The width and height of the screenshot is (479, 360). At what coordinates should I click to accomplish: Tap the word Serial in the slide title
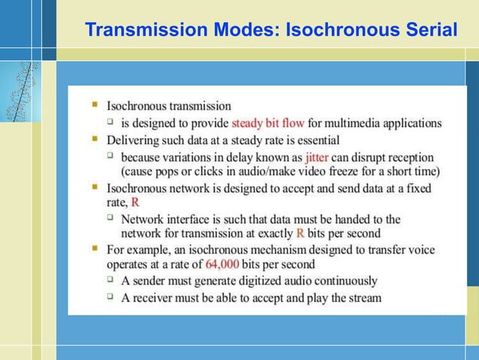[x=429, y=30]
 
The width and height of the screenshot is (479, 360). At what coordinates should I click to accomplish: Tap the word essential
[x=314, y=140]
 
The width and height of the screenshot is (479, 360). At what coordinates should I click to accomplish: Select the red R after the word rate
[x=135, y=202]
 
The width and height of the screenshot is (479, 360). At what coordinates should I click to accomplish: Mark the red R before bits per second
[x=300, y=233]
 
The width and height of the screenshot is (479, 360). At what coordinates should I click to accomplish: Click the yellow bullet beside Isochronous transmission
[x=95, y=105]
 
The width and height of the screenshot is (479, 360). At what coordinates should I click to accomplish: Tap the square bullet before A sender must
[x=110, y=280]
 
